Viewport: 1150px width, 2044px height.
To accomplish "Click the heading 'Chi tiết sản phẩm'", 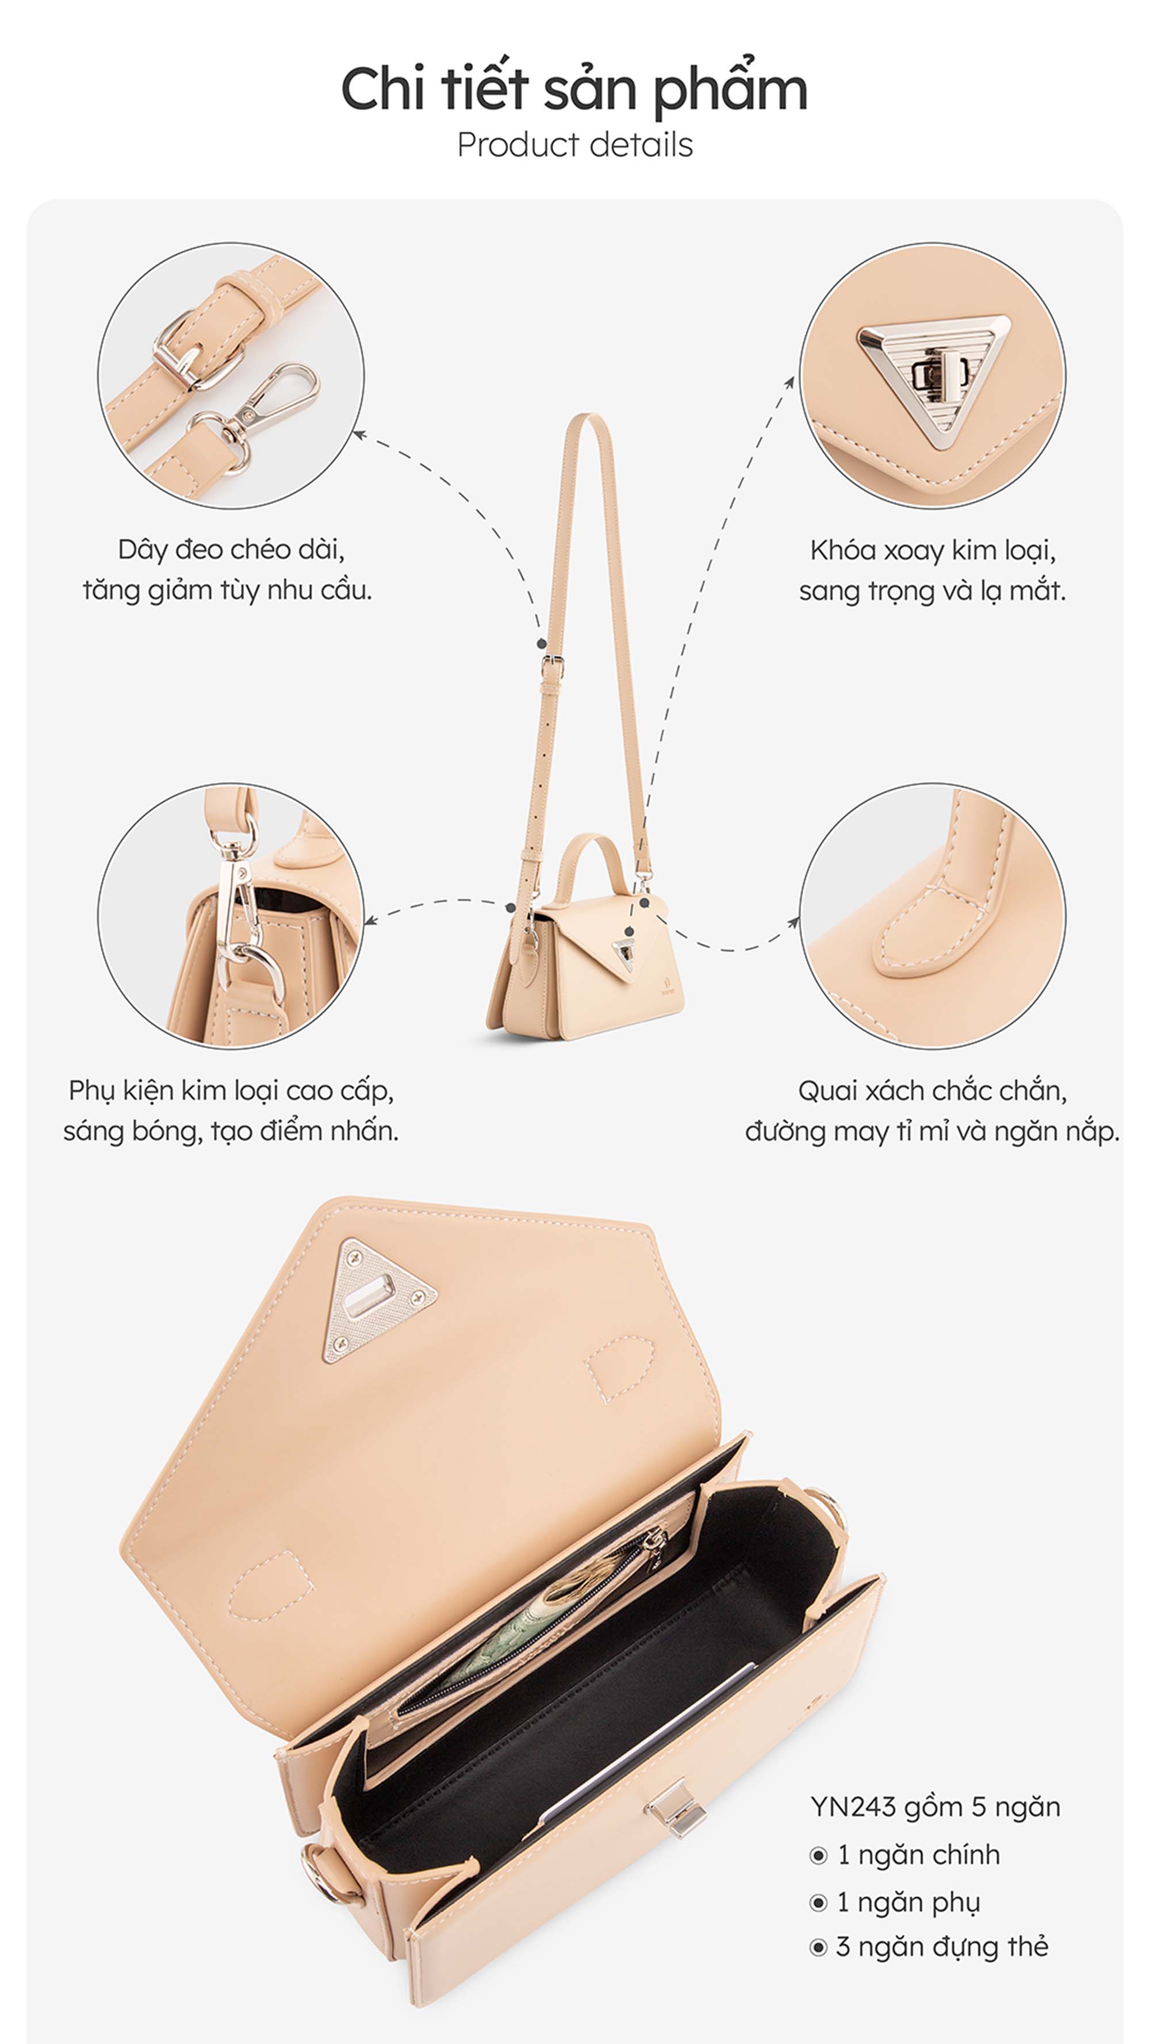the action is click(574, 89).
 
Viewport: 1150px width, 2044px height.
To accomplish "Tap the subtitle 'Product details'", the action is click(574, 145).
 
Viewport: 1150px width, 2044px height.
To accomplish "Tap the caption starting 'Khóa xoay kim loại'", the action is click(933, 571).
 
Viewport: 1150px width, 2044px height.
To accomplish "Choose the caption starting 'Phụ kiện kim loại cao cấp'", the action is click(231, 1111).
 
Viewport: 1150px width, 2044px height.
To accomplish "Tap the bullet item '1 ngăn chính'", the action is click(904, 1855).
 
